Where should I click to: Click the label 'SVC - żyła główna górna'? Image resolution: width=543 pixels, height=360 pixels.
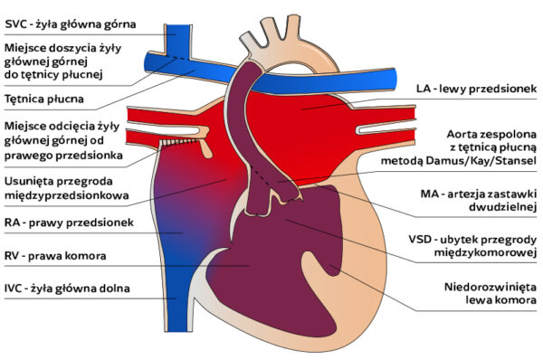point(71,24)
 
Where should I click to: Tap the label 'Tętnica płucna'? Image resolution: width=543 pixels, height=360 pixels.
point(44,99)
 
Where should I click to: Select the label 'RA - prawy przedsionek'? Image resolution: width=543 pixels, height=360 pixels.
point(69,223)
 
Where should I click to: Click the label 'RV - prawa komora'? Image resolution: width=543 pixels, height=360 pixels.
point(55,256)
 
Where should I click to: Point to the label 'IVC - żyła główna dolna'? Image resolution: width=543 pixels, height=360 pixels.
point(67,289)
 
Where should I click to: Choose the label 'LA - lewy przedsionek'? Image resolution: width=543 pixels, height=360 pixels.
point(477,89)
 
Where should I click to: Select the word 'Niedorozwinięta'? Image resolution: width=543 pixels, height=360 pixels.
point(491,287)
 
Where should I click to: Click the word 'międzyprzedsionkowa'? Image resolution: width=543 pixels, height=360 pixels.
point(67,194)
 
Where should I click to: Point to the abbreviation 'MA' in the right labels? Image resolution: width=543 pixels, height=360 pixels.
point(428,194)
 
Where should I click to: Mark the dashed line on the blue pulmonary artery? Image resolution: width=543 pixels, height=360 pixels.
point(178,58)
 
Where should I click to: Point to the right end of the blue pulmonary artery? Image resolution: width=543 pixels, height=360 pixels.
point(394,80)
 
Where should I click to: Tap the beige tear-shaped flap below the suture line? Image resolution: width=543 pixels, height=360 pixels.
point(205,148)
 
